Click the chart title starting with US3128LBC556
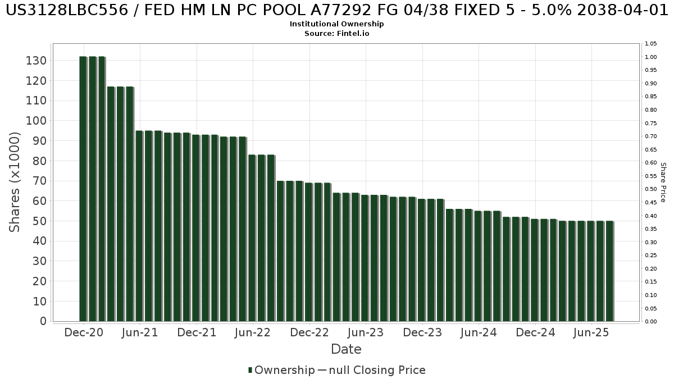pyautogui.click(x=337, y=11)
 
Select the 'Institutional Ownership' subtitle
pyautogui.click(x=337, y=24)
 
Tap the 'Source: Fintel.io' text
pyautogui.click(x=337, y=33)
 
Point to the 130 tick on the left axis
pyautogui.click(x=36, y=61)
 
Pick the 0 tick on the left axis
pyautogui.click(x=43, y=321)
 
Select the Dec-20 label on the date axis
pyautogui.click(x=84, y=333)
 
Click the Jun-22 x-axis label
pyautogui.click(x=253, y=333)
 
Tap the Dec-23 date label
pyautogui.click(x=422, y=333)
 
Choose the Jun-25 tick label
pyautogui.click(x=591, y=333)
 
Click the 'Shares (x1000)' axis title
pyautogui.click(x=15, y=182)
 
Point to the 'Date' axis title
pyautogui.click(x=346, y=349)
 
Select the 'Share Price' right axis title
pyautogui.click(x=663, y=182)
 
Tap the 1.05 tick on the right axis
pyautogui.click(x=652, y=44)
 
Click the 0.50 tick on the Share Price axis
pyautogui.click(x=652, y=189)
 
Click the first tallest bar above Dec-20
pyautogui.click(x=83, y=189)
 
